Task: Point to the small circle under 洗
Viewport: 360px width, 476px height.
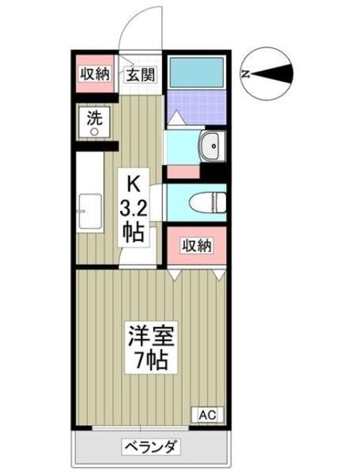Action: coord(94,132)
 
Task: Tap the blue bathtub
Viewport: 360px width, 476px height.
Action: coord(196,73)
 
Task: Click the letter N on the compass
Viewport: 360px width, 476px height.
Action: coord(246,74)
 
